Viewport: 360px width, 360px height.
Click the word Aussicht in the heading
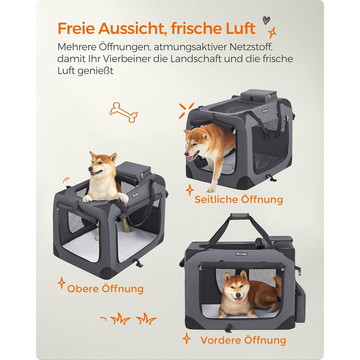132,28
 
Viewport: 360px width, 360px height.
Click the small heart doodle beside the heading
266,20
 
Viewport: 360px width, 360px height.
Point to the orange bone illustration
123,112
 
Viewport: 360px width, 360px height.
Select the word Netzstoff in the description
251,47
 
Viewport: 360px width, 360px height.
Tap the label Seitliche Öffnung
239,200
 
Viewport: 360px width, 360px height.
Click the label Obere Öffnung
105,289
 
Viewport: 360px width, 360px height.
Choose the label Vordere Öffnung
243,340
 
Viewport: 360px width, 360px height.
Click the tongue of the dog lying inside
239,301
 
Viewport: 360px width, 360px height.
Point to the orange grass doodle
129,318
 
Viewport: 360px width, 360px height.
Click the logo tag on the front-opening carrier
241,254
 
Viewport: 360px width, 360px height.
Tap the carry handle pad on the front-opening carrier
240,215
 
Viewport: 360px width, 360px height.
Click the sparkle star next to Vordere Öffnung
186,338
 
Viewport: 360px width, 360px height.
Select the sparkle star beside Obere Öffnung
62,283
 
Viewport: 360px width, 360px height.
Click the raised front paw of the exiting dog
211,189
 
